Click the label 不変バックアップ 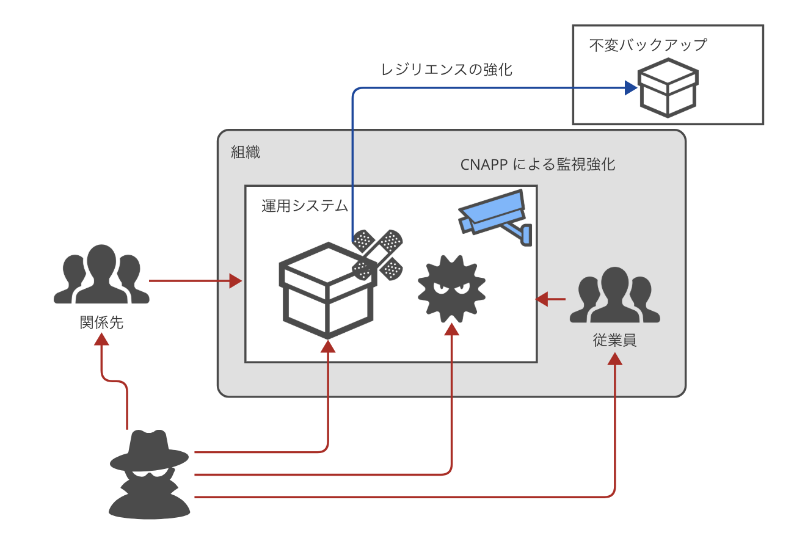647,45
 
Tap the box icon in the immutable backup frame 668,87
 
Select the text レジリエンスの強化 446,70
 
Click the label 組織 246,153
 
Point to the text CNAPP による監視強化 537,165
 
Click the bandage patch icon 377,253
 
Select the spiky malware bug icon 451,289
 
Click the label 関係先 101,322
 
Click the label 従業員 614,341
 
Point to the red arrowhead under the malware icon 451,329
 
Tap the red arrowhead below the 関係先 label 101,339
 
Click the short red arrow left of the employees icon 550,299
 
